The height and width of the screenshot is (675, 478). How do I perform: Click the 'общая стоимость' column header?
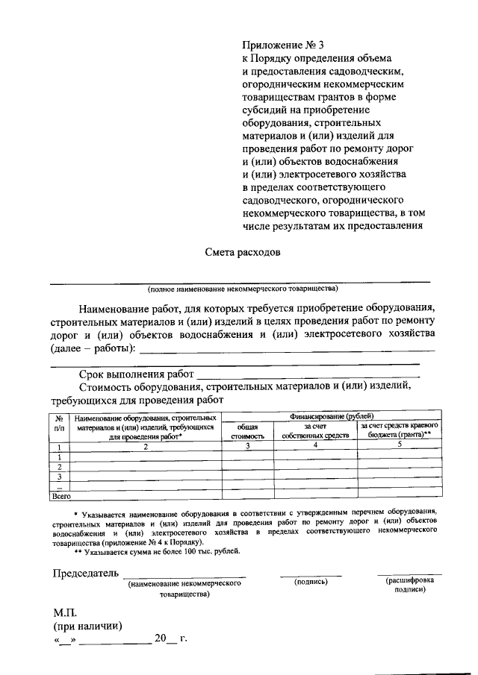pos(248,430)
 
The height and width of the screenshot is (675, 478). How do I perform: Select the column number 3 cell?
pos(248,445)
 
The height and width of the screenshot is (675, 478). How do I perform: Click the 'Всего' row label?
pos(60,495)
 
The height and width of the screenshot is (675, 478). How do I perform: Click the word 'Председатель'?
pos(85,573)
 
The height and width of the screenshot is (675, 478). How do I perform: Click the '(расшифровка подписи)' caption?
pos(408,584)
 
